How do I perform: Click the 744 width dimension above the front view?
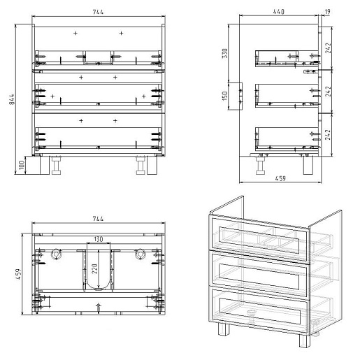[x=98, y=12]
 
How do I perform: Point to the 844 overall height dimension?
[x=12, y=99]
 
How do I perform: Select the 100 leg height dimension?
[x=22, y=165]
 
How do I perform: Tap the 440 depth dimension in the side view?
[x=278, y=11]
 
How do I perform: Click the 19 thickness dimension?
[x=327, y=12]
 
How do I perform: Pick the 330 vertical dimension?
[x=224, y=53]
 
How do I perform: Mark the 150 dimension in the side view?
[x=224, y=96]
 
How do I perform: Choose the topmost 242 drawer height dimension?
[x=328, y=48]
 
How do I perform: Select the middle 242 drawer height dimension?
[x=328, y=92]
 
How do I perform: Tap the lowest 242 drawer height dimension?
[x=328, y=135]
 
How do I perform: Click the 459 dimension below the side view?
[x=280, y=178]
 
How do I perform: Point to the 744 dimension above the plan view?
[x=98, y=219]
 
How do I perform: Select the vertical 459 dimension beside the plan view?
[x=18, y=274]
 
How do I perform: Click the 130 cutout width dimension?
[x=99, y=239]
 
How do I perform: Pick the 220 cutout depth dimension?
[x=94, y=269]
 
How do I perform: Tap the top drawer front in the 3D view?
[x=259, y=239]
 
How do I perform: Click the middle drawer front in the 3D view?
[x=260, y=275]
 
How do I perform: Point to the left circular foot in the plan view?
[x=56, y=254]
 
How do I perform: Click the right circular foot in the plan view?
[x=140, y=254]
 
